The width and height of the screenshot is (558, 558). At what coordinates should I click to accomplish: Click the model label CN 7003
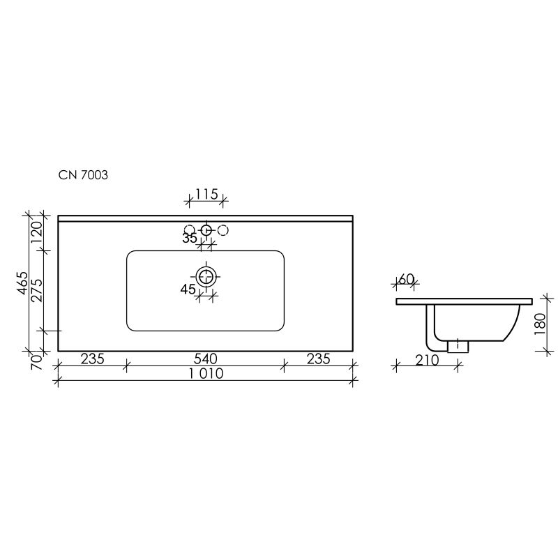82,176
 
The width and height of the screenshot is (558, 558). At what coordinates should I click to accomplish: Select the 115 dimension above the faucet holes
206,194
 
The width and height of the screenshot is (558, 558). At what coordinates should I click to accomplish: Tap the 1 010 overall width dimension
206,374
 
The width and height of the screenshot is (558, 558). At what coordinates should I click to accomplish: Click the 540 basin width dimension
206,359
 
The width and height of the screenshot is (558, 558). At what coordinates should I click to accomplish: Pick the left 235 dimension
92,359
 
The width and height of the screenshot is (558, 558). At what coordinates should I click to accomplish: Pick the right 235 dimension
318,359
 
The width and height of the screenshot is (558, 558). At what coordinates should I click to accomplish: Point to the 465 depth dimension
24,284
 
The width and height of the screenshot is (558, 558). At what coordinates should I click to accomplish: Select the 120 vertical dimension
38,230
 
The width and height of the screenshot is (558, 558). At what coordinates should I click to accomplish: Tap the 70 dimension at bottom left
38,361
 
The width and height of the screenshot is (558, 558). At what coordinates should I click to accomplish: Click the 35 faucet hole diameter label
189,238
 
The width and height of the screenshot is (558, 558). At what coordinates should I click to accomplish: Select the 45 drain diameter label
187,289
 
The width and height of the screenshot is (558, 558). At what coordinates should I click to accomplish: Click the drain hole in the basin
206,276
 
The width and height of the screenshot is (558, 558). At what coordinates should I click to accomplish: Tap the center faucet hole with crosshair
206,229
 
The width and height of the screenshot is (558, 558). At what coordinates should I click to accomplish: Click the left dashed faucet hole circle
188,229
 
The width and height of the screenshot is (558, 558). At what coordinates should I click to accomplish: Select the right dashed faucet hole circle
223,229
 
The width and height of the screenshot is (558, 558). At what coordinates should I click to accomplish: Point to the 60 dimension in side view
407,280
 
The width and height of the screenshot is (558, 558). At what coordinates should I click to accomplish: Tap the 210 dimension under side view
426,360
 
